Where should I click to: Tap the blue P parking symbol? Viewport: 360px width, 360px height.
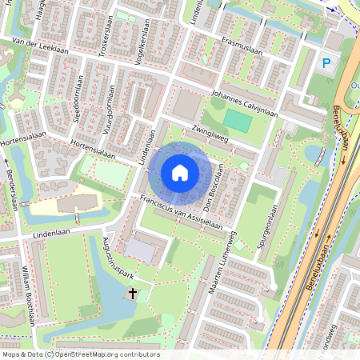(x=326, y=63)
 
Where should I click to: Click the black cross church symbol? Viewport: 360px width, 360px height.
(x=133, y=294)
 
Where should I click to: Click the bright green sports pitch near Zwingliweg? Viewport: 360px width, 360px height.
(x=237, y=121)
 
